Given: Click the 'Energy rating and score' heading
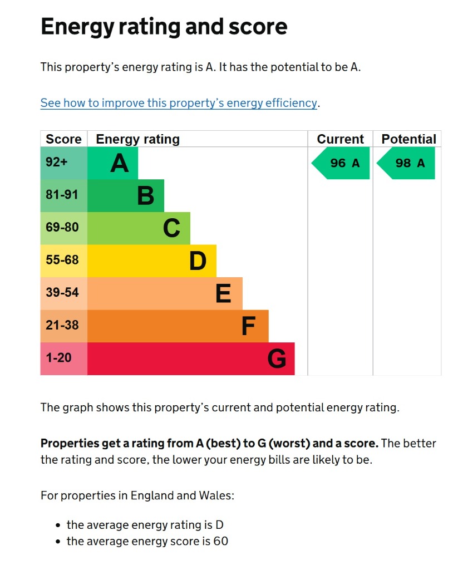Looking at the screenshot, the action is pos(164,27).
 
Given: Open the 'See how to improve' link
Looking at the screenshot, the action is pos(179,103).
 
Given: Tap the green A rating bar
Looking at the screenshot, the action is pos(113,163).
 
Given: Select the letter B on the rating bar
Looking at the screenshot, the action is pos(146,196).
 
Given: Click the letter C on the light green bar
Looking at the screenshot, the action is pos(171,228).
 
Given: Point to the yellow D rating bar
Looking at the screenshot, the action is pos(152,261).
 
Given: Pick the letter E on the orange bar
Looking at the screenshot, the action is pos(223,293).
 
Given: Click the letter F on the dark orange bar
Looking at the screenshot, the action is pos(249,326).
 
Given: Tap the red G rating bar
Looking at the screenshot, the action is pos(191,359).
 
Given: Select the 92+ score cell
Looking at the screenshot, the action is pos(64,163).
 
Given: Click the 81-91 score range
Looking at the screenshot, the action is pos(62,194).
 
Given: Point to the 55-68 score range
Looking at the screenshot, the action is pos(62,260).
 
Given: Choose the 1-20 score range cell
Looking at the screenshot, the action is pos(64,359).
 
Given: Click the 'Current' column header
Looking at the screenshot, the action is pos(340,139).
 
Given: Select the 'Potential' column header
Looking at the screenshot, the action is pos(408,139).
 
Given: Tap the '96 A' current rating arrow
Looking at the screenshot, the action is pos(341,163).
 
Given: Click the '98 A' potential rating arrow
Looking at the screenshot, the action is pos(406,163).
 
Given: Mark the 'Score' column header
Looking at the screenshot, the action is pos(63,139).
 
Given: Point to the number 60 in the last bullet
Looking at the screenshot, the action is pos(221,541).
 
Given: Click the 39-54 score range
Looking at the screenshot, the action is pos(62,292).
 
